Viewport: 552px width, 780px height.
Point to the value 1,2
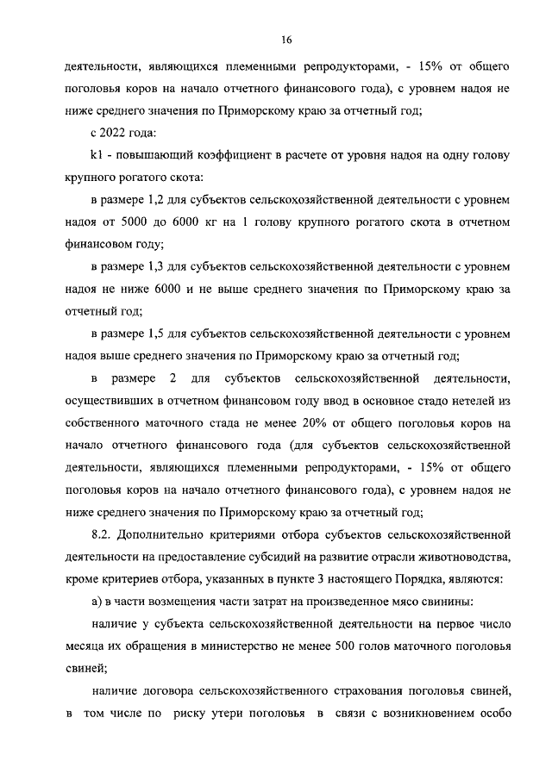153,199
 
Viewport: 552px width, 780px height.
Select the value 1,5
153,334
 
